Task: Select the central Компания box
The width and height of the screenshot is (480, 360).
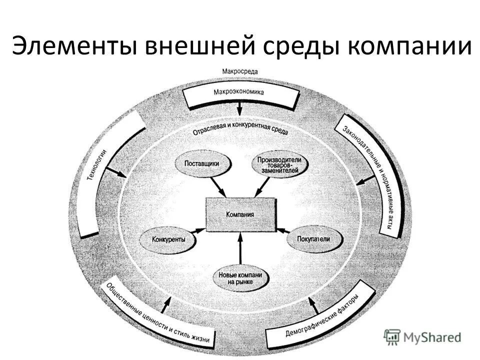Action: [240, 214]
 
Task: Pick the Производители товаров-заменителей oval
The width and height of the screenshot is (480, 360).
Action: [279, 165]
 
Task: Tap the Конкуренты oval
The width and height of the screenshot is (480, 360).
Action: [168, 239]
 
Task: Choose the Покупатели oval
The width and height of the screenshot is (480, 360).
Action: [315, 239]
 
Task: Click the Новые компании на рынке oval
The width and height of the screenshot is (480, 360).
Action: [240, 278]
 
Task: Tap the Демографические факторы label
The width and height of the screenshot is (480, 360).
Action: [322, 318]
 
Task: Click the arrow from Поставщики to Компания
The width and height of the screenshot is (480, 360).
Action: [218, 187]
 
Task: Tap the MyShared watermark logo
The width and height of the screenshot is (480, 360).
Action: [422, 337]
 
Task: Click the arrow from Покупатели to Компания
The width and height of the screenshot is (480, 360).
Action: [283, 231]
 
